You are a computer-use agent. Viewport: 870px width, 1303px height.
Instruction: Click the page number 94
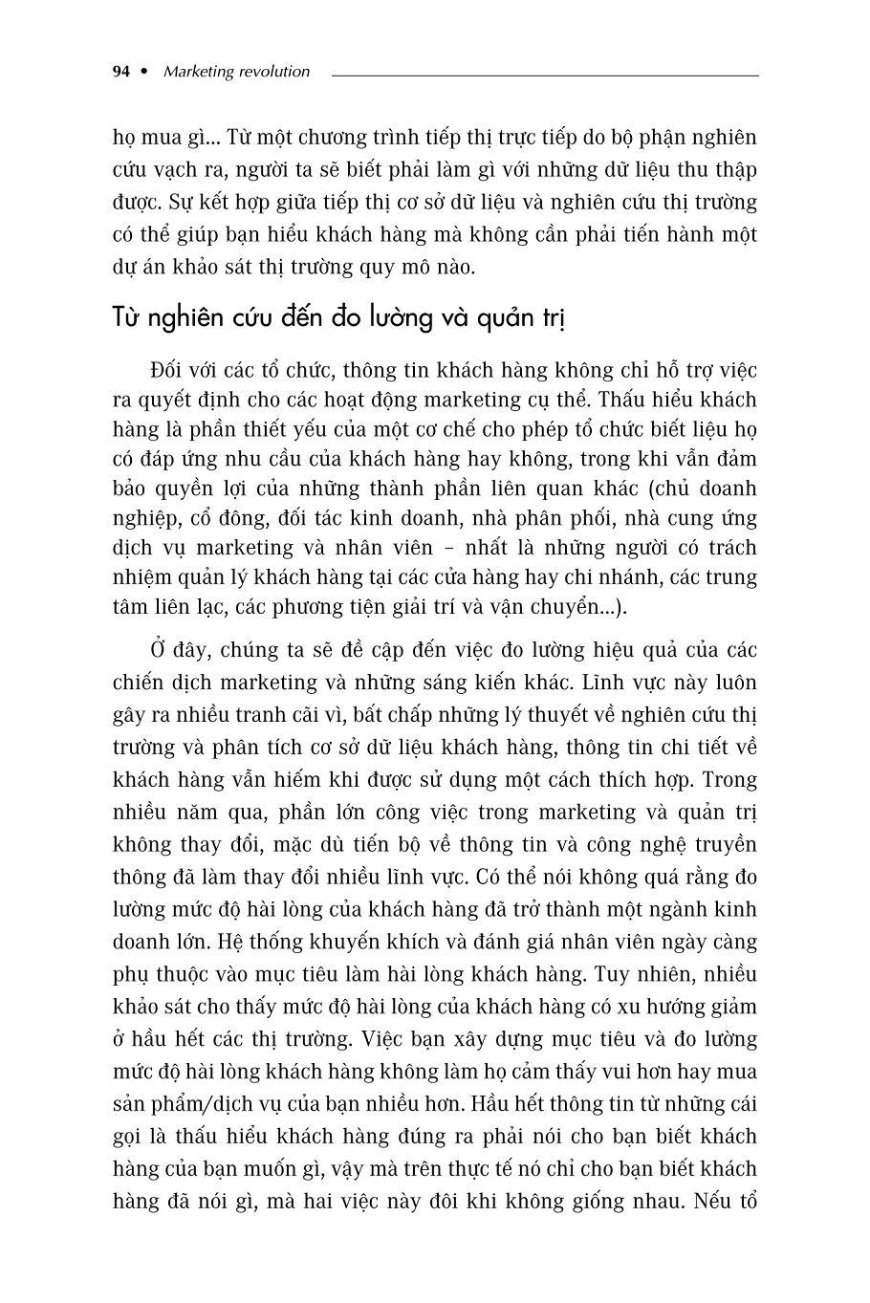120,72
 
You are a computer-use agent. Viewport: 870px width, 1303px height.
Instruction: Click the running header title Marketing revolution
237,72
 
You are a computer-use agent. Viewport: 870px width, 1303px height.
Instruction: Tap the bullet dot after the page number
144,72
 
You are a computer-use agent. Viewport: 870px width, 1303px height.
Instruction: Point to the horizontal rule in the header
545,75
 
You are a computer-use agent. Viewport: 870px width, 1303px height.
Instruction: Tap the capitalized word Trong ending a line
729,780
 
